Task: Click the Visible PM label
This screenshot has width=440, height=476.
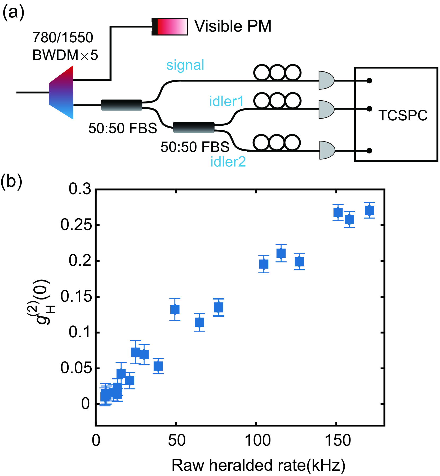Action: (233, 26)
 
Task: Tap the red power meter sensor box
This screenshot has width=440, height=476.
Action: (170, 26)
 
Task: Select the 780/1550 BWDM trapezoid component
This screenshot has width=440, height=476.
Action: (61, 93)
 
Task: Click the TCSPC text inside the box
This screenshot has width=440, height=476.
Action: (403, 115)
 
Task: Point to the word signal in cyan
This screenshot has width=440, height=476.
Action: (185, 65)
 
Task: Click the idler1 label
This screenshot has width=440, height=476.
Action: (226, 101)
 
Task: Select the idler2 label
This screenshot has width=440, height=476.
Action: (228, 162)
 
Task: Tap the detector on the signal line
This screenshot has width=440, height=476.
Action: (326, 80)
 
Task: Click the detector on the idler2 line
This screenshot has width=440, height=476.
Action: (327, 150)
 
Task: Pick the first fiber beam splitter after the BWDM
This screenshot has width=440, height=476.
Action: (122, 105)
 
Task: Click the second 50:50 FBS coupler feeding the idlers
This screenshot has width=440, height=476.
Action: (194, 127)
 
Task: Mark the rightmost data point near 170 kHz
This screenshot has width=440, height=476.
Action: (369, 210)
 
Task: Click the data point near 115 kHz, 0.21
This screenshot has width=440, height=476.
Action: (281, 253)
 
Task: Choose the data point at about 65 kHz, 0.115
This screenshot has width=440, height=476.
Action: (199, 322)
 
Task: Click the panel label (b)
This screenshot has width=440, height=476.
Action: (11, 181)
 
